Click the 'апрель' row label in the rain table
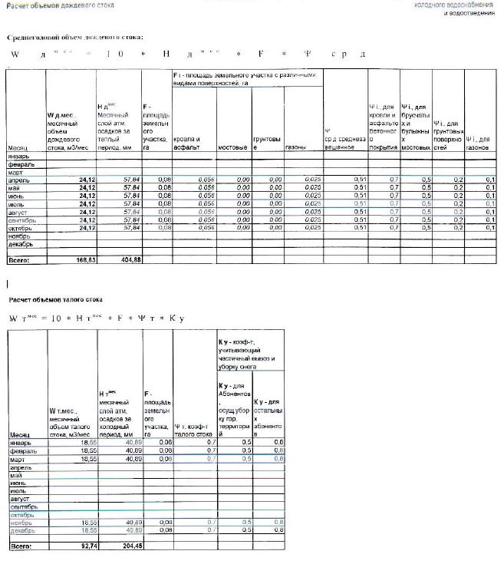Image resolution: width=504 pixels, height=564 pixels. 19,179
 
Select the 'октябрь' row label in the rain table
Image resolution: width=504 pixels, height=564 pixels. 21,228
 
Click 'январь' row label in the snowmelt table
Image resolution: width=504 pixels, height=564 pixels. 21,444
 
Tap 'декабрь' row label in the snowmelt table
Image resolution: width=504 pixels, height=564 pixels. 21,529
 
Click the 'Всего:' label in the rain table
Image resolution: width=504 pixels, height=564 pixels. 18,260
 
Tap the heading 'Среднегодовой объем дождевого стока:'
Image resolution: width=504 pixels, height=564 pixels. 75,37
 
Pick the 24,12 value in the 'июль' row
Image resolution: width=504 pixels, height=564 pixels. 83,203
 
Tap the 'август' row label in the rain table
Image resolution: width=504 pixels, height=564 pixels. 18,212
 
